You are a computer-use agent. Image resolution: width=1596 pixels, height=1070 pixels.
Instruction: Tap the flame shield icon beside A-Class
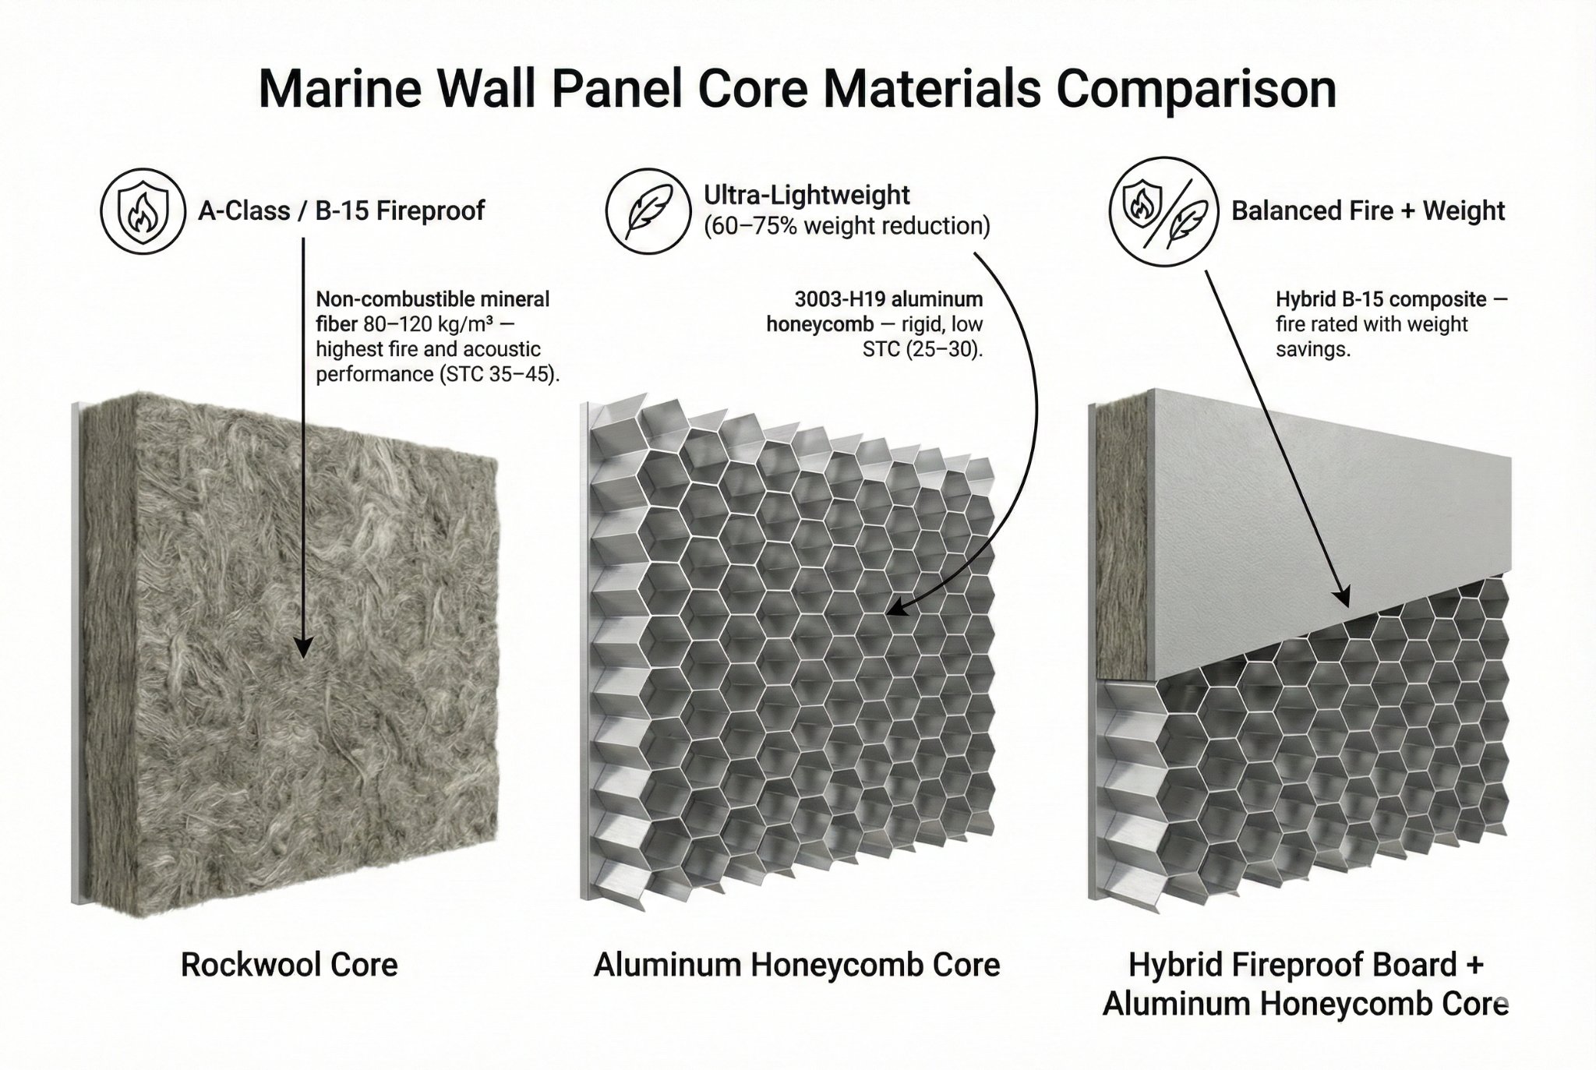click(136, 210)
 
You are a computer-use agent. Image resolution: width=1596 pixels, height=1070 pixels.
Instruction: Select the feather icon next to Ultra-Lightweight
click(648, 210)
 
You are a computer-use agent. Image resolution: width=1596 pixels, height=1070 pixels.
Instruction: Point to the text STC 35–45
click(500, 374)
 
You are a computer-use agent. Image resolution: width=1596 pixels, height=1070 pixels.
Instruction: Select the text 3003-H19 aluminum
click(888, 299)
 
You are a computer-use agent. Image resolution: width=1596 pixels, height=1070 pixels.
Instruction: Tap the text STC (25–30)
click(923, 349)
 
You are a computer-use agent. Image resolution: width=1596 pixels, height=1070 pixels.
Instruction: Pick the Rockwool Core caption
click(289, 965)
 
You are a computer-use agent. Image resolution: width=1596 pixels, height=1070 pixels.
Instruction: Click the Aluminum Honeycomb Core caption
click(796, 965)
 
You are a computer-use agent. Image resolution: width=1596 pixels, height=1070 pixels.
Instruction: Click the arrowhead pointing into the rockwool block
click(303, 646)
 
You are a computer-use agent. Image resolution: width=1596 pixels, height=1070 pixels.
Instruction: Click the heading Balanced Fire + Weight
click(1367, 210)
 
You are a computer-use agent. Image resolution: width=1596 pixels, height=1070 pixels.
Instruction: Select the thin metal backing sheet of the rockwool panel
click(76, 655)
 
